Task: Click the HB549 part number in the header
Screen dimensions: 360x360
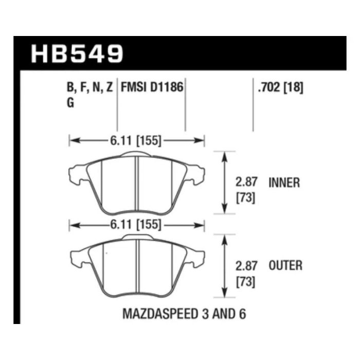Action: pyautogui.click(x=77, y=53)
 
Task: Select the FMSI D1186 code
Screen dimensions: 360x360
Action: pyautogui.click(x=152, y=87)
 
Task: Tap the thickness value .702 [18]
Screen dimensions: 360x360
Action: pyautogui.click(x=281, y=87)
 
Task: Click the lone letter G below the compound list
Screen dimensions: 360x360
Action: pyautogui.click(x=70, y=102)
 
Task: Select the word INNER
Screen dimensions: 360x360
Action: pyautogui.click(x=284, y=183)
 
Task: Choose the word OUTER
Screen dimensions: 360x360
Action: pyautogui.click(x=285, y=266)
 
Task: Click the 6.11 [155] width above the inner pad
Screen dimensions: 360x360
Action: pyautogui.click(x=136, y=140)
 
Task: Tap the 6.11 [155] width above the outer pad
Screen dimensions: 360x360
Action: pyautogui.click(x=136, y=225)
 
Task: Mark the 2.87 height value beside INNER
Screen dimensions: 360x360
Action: pyautogui.click(x=246, y=182)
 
